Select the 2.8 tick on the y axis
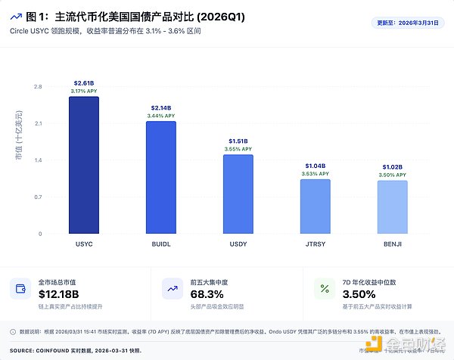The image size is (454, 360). [x=38, y=87]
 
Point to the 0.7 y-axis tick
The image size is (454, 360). [x=38, y=197]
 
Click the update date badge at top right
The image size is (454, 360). [x=408, y=23]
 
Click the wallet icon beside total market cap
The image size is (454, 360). [x=20, y=288]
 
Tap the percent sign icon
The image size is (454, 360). [x=325, y=288]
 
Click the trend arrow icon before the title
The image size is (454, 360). [x=15, y=16]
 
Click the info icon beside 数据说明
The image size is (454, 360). [x=12, y=331]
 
